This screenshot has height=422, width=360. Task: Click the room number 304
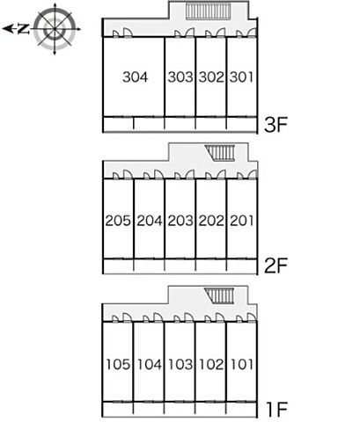click(136, 77)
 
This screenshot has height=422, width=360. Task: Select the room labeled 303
click(180, 77)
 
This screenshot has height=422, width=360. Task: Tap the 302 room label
click(211, 77)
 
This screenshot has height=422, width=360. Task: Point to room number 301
click(241, 77)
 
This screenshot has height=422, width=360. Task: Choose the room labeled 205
click(118, 221)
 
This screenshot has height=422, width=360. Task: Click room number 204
click(150, 221)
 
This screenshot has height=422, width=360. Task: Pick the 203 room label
click(180, 221)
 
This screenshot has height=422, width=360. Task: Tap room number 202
click(211, 221)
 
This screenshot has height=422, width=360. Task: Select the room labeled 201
click(241, 221)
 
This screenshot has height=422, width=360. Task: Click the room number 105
click(118, 364)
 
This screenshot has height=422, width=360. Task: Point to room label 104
click(150, 364)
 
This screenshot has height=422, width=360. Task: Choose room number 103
click(180, 364)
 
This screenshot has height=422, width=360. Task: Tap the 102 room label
click(211, 364)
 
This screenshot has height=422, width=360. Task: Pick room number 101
click(241, 364)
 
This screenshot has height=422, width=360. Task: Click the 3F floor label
click(276, 125)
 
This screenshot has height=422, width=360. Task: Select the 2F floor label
click(276, 266)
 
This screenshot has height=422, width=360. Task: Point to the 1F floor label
click(276, 409)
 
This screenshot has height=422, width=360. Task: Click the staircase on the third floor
click(208, 11)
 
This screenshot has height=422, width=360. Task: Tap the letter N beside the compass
click(24, 29)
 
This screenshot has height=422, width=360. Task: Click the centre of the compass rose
click(55, 29)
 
